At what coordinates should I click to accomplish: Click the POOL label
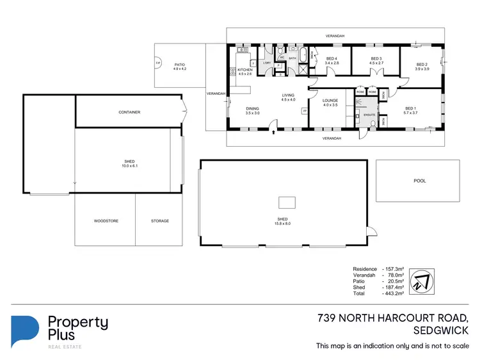pos(419,181)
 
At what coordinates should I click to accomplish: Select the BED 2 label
pos(421,64)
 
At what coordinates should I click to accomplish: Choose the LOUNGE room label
pos(330,101)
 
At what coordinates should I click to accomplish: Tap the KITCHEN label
pos(246,69)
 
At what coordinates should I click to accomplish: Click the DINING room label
pos(253,109)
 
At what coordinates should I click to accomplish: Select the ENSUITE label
pos(369,114)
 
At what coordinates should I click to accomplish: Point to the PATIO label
pos(179,64)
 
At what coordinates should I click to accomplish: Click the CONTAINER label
pos(129,112)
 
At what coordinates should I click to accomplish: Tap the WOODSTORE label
pos(106,221)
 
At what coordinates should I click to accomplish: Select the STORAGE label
pos(160,221)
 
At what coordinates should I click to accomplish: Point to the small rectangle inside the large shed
pos(287,202)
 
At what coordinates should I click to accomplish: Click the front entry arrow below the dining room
pos(275,133)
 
